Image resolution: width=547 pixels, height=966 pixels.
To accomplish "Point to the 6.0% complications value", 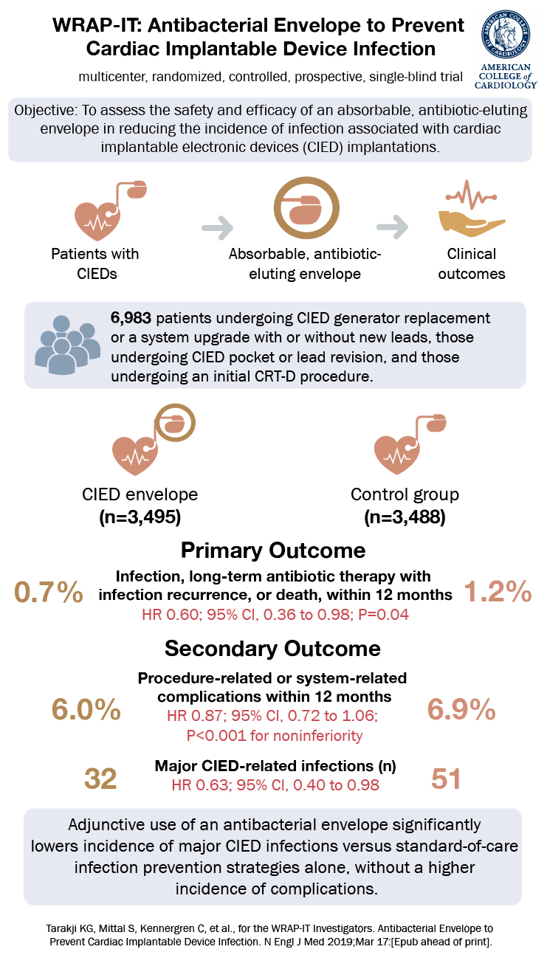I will point(86,710).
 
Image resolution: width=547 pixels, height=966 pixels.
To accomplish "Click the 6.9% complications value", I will point(461,710).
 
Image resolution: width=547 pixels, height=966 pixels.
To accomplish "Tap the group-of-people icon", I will point(66,344).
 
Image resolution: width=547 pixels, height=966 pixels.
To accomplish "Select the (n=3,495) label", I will point(140,517).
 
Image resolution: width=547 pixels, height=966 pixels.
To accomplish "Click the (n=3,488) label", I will point(404,517).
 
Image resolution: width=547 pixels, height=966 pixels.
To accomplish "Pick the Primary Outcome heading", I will point(273,551).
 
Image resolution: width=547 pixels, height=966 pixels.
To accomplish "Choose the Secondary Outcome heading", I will point(273,649).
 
